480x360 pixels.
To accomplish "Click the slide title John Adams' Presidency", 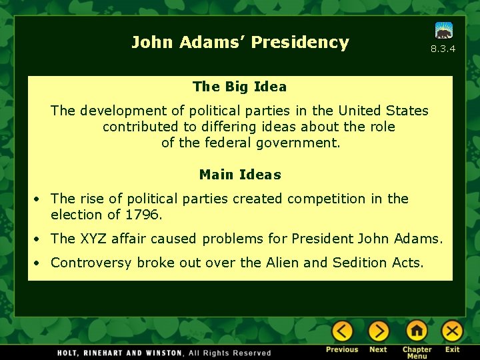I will point(240,43).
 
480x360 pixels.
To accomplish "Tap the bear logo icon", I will point(443,31).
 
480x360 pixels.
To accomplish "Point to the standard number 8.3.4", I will point(443,49).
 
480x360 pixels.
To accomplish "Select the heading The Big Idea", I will point(239,87).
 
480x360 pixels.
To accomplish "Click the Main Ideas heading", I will point(240,175).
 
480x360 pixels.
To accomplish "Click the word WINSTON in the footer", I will point(160,353).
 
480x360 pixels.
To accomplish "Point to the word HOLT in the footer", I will point(69,353).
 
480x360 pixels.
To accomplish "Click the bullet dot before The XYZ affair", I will point(41,239).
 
